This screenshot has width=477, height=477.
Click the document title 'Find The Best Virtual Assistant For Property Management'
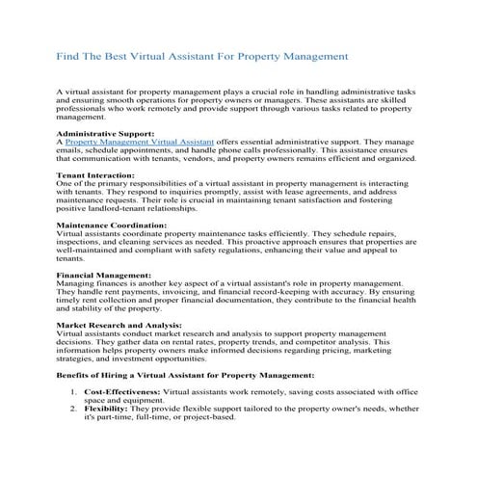pos(202,57)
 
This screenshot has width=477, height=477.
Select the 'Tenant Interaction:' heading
pos(96,174)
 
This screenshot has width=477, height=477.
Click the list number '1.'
pos(74,395)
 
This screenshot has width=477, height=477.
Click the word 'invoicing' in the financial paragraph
pos(186,294)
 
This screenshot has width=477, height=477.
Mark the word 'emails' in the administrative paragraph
pos(73,149)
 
